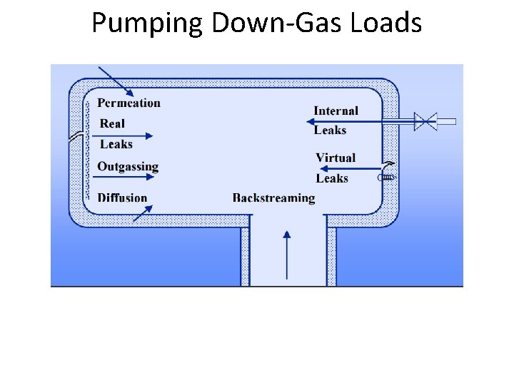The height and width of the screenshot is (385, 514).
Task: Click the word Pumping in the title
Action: click(x=148, y=24)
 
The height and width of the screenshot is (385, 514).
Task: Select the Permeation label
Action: click(x=128, y=103)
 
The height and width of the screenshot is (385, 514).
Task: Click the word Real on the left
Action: click(x=112, y=123)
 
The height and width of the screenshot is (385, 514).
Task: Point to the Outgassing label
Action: click(x=128, y=166)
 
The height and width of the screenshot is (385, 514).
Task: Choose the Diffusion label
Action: click(x=122, y=197)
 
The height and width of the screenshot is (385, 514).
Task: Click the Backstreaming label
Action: click(x=273, y=197)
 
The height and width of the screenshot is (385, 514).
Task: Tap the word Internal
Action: click(x=336, y=111)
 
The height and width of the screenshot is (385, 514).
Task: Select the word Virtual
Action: click(x=336, y=158)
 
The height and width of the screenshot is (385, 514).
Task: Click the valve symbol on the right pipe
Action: click(x=425, y=121)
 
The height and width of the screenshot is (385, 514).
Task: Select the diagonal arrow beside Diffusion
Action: click(x=142, y=212)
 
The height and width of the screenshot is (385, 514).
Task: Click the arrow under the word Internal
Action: click(x=357, y=121)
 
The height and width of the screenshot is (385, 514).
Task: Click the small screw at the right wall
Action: click(x=386, y=177)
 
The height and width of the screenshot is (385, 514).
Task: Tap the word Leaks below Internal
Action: click(x=330, y=130)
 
